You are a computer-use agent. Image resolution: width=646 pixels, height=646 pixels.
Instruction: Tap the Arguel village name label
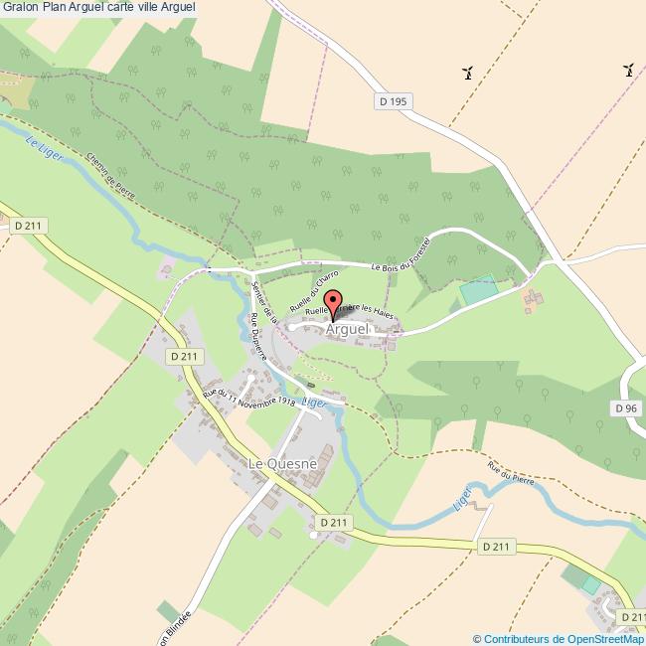(x=347, y=328)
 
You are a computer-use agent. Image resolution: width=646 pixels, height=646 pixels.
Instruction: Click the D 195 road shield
(x=394, y=101)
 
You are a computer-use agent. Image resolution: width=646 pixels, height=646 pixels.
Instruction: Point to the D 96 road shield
(x=625, y=408)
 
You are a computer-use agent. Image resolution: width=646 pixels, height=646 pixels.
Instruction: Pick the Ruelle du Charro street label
(x=313, y=287)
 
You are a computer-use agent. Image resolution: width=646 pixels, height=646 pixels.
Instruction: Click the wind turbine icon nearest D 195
(x=467, y=72)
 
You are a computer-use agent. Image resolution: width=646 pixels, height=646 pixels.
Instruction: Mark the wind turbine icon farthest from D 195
(x=628, y=70)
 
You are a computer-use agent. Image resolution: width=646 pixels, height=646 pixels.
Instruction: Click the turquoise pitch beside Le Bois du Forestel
(x=478, y=291)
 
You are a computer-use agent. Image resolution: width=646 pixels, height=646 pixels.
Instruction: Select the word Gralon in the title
(x=20, y=7)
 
